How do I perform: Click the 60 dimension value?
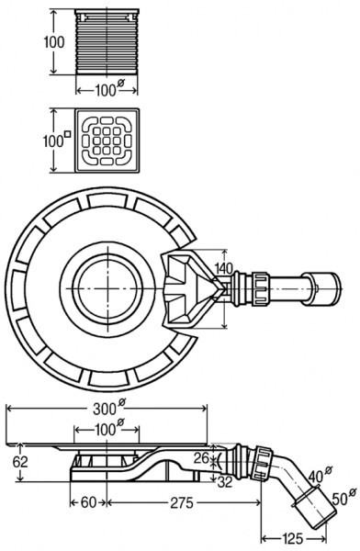pos(89,502)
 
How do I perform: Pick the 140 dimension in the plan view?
pos(223,268)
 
